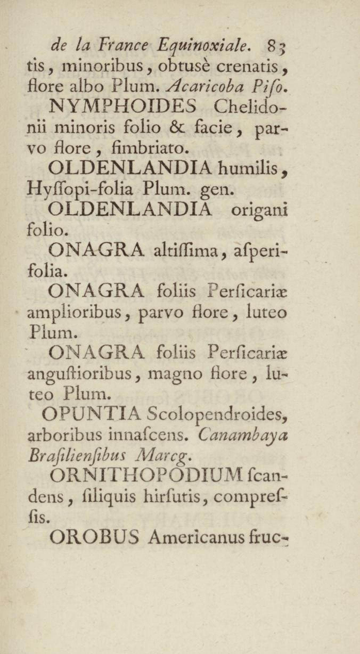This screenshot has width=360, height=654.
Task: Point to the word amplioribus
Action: tap(75, 314)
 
